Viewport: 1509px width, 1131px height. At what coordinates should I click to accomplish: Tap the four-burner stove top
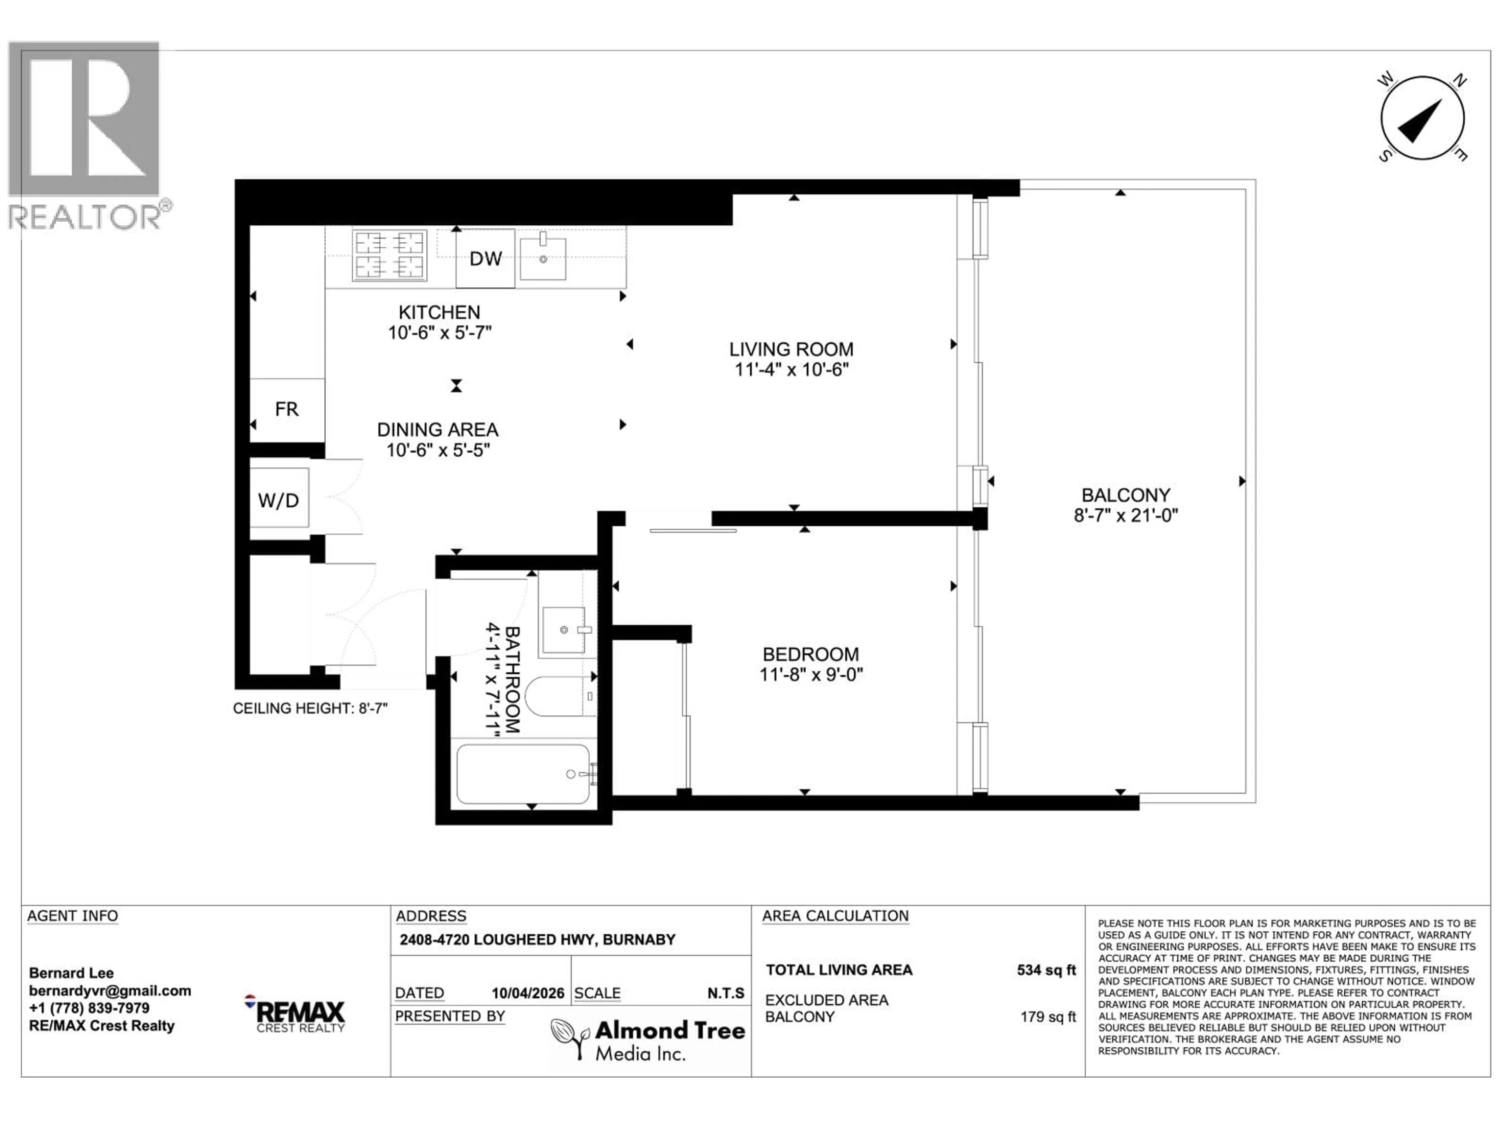[x=389, y=256]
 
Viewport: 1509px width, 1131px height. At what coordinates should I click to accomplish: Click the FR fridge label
[x=286, y=409]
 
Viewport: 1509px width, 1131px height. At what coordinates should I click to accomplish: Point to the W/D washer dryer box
[x=278, y=500]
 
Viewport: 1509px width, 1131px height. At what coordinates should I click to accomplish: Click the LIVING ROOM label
[x=791, y=350]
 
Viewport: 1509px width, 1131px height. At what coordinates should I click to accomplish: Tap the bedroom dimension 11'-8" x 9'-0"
[x=811, y=675]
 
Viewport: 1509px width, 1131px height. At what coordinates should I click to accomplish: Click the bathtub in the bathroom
[x=523, y=774]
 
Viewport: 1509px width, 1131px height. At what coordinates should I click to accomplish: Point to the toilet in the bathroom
[x=556, y=695]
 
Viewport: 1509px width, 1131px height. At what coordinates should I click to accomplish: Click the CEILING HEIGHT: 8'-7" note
[x=310, y=708]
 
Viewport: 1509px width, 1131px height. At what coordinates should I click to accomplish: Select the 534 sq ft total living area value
[x=1046, y=970]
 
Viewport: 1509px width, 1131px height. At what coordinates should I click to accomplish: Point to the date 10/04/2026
[x=528, y=993]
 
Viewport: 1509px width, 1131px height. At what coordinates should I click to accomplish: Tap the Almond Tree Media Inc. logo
[x=648, y=1039]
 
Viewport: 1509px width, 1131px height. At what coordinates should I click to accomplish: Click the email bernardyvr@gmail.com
[x=110, y=990]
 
